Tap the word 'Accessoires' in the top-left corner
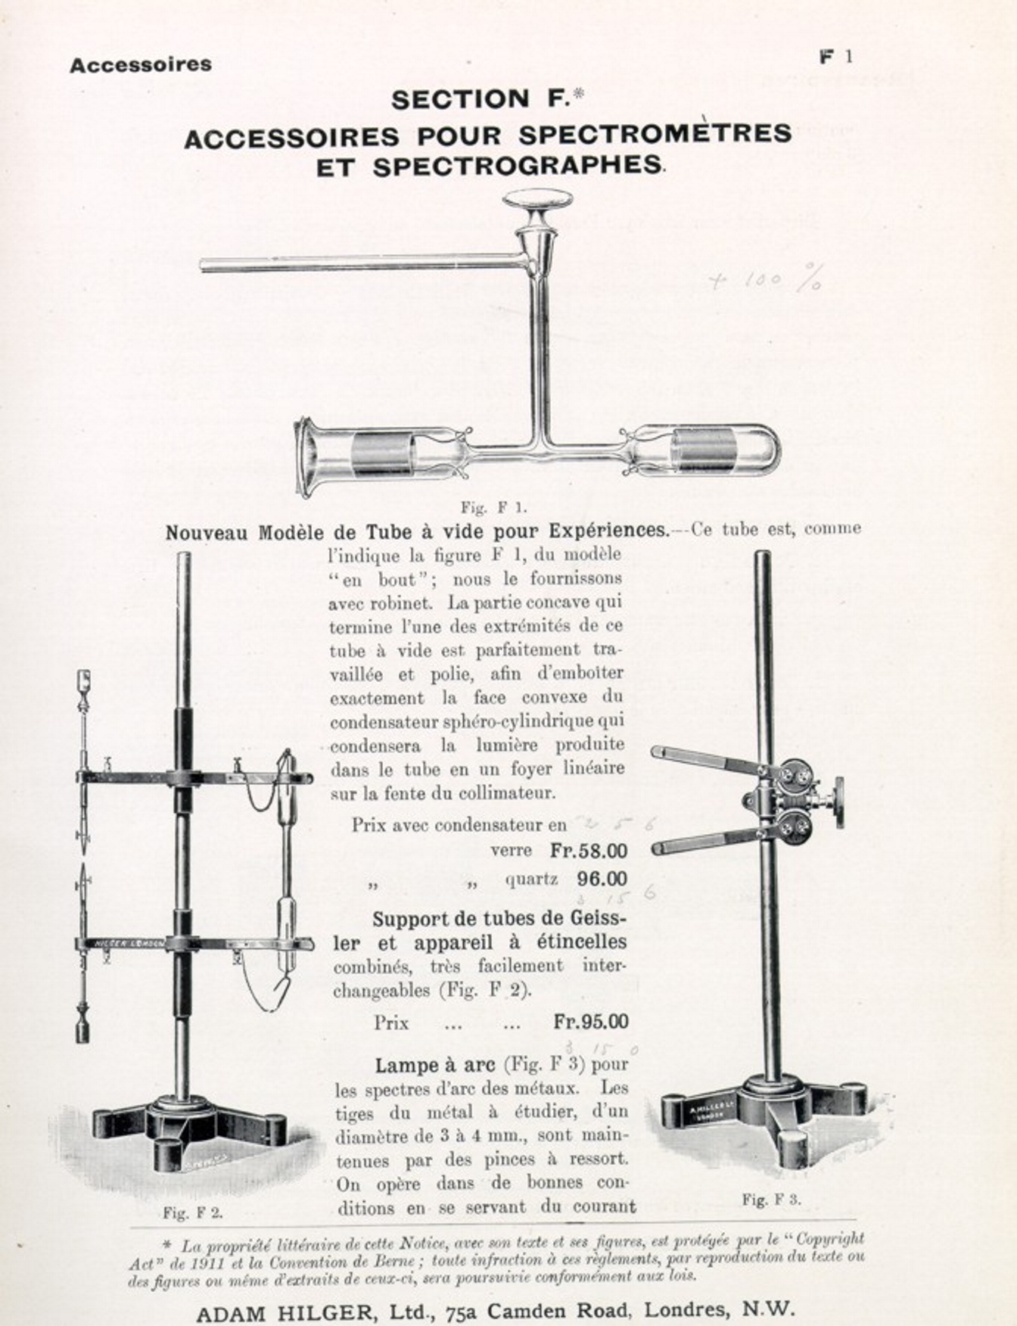[141, 65]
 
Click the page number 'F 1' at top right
[837, 57]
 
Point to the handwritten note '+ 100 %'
[765, 279]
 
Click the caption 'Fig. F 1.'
[494, 507]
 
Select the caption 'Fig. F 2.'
[193, 1212]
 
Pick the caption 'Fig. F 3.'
[771, 1199]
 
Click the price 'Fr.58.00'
[589, 851]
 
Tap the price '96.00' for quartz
[602, 879]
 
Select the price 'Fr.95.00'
[590, 1021]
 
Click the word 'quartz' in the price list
[531, 879]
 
